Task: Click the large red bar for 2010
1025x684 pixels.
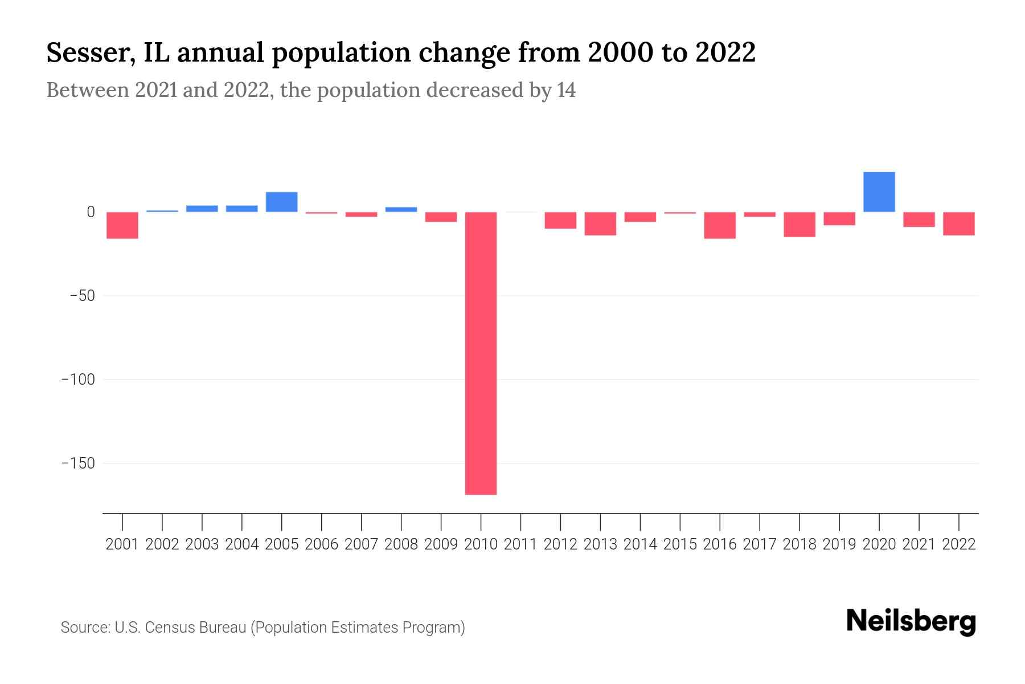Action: pos(481,353)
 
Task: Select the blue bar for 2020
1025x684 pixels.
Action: pos(879,192)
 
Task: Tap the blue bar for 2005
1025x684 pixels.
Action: pos(281,202)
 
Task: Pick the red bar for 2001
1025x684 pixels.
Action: pos(122,225)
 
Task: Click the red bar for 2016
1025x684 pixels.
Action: pos(720,225)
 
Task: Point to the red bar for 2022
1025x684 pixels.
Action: pos(958,223)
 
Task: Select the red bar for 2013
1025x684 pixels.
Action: pos(600,223)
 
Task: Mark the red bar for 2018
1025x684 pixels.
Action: pos(799,224)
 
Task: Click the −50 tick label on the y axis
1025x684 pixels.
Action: pos(82,296)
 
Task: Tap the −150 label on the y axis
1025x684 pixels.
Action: pos(78,463)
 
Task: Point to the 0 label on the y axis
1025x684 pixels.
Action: pos(91,212)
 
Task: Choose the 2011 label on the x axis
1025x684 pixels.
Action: pos(520,544)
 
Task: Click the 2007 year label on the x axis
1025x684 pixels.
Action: pos(361,544)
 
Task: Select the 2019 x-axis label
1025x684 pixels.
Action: pos(839,544)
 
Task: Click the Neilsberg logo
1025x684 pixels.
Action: pos(911,621)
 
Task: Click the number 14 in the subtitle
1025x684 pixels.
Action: pos(566,90)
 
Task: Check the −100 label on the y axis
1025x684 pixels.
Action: pos(78,380)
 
